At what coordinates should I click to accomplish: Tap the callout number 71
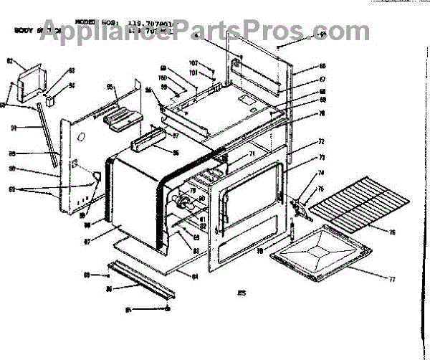coord(252,154)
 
